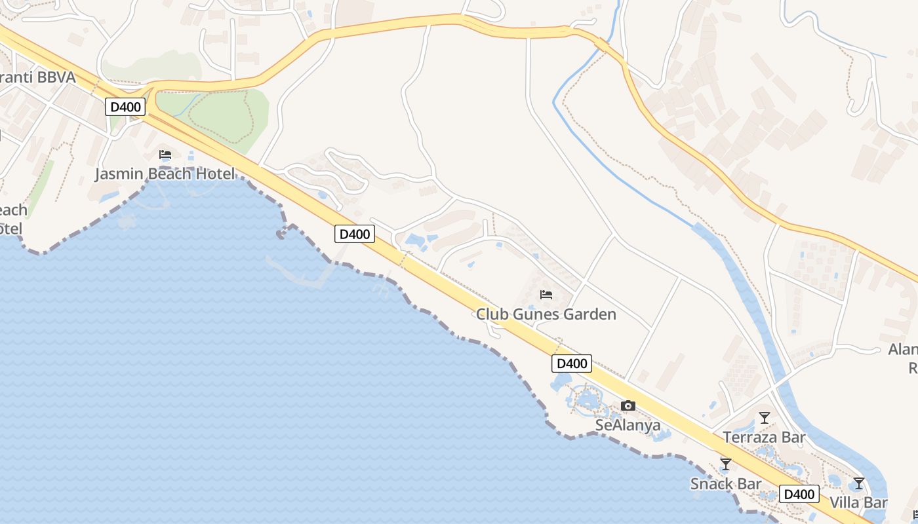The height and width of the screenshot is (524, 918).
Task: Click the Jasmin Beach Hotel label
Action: tap(165, 174)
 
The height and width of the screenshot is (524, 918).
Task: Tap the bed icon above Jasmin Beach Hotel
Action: tap(165, 155)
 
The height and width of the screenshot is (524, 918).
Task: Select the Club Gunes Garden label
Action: tap(546, 314)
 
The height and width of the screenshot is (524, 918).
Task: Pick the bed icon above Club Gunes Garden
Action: tap(546, 295)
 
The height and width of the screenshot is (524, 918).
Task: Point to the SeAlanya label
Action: tap(628, 425)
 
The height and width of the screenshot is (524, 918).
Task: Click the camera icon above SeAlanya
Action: tap(628, 406)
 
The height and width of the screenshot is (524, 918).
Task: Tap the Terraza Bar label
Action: tap(764, 437)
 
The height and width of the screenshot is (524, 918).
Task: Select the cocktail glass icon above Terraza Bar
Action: tap(765, 418)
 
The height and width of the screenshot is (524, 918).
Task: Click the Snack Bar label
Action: tap(726, 484)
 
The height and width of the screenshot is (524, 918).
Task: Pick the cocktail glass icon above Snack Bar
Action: tap(726, 464)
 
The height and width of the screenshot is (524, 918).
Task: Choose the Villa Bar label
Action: tap(858, 502)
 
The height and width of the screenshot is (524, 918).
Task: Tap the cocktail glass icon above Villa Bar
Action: tap(859, 484)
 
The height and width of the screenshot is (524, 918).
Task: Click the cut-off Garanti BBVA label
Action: tap(37, 77)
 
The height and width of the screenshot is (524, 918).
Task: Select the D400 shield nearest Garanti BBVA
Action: tap(125, 107)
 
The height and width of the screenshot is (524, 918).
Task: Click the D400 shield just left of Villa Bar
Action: tap(799, 495)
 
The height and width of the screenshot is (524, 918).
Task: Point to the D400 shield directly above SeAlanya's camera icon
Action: tap(572, 364)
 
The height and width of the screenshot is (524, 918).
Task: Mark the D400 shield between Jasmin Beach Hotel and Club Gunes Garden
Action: tap(355, 234)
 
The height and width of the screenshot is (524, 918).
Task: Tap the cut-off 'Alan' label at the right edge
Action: tap(904, 349)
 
